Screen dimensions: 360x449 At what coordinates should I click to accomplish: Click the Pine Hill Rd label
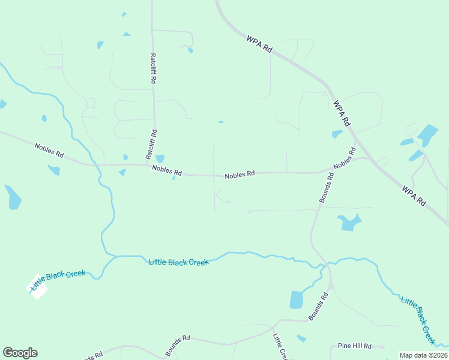(355, 346)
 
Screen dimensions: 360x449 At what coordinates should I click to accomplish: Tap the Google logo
(20, 353)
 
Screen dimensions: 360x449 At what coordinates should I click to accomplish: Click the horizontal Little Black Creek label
(178, 262)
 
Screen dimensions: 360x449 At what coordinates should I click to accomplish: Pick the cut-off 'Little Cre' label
(281, 347)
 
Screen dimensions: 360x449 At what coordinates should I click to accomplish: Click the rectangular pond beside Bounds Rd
(297, 299)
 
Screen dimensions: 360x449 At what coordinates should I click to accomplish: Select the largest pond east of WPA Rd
(428, 134)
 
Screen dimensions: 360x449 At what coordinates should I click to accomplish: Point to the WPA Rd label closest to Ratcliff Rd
(259, 46)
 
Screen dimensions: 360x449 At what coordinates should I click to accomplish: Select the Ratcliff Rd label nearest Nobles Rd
(151, 144)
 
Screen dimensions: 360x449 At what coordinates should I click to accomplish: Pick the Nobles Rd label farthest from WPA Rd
(49, 150)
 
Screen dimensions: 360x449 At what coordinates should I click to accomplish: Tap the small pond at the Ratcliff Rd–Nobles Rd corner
(160, 158)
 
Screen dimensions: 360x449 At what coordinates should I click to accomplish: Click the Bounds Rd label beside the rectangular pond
(319, 305)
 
